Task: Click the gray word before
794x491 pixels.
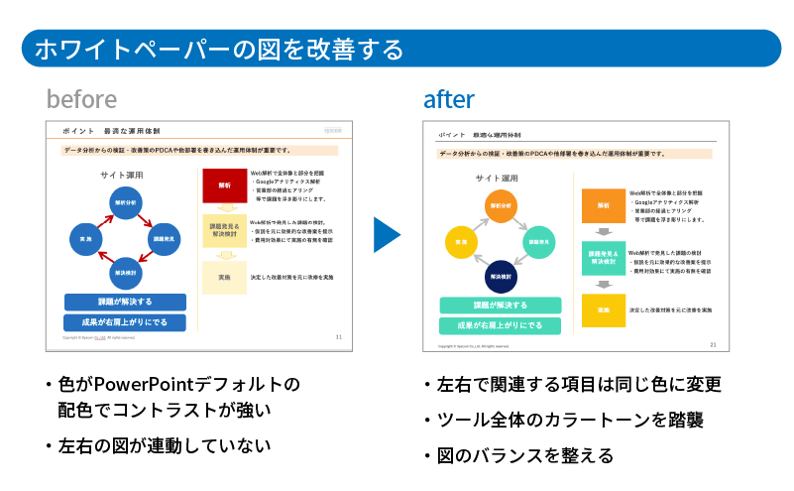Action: (81, 99)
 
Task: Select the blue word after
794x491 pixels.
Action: (448, 99)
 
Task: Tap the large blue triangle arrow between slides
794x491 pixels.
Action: (387, 235)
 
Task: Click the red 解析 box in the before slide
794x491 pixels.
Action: (224, 185)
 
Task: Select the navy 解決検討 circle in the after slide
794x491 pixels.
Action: (499, 275)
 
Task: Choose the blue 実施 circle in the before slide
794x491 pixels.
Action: (86, 239)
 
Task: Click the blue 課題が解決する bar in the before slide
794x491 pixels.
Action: (125, 302)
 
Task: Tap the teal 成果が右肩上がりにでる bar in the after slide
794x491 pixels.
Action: (499, 325)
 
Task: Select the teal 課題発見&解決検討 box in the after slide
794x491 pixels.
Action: (603, 260)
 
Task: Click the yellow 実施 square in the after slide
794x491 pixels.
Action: (603, 310)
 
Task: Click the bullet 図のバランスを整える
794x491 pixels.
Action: (522, 456)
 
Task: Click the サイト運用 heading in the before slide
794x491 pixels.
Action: (122, 175)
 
